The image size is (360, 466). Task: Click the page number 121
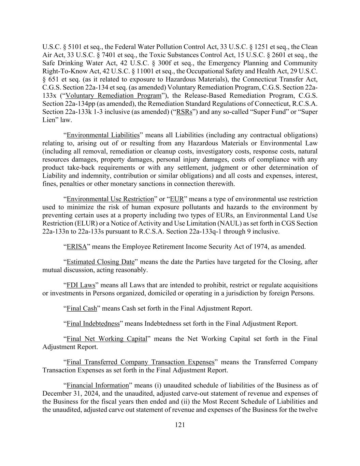click(x=180, y=425)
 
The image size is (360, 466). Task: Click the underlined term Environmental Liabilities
click(x=103, y=135)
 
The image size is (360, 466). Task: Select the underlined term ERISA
click(x=77, y=246)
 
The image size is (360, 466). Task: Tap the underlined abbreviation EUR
click(x=177, y=199)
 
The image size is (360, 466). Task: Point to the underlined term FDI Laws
click(x=81, y=285)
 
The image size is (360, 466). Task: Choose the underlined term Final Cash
click(x=82, y=309)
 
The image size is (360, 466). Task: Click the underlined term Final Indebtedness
click(x=93, y=324)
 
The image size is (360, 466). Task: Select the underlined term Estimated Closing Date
click(x=101, y=262)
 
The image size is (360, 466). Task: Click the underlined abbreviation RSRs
click(x=184, y=112)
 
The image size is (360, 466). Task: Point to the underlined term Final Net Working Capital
click(x=107, y=339)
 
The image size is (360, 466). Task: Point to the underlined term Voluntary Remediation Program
click(x=113, y=96)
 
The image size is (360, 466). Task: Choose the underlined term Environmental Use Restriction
click(x=110, y=199)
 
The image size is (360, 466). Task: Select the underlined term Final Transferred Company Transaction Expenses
click(x=140, y=362)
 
